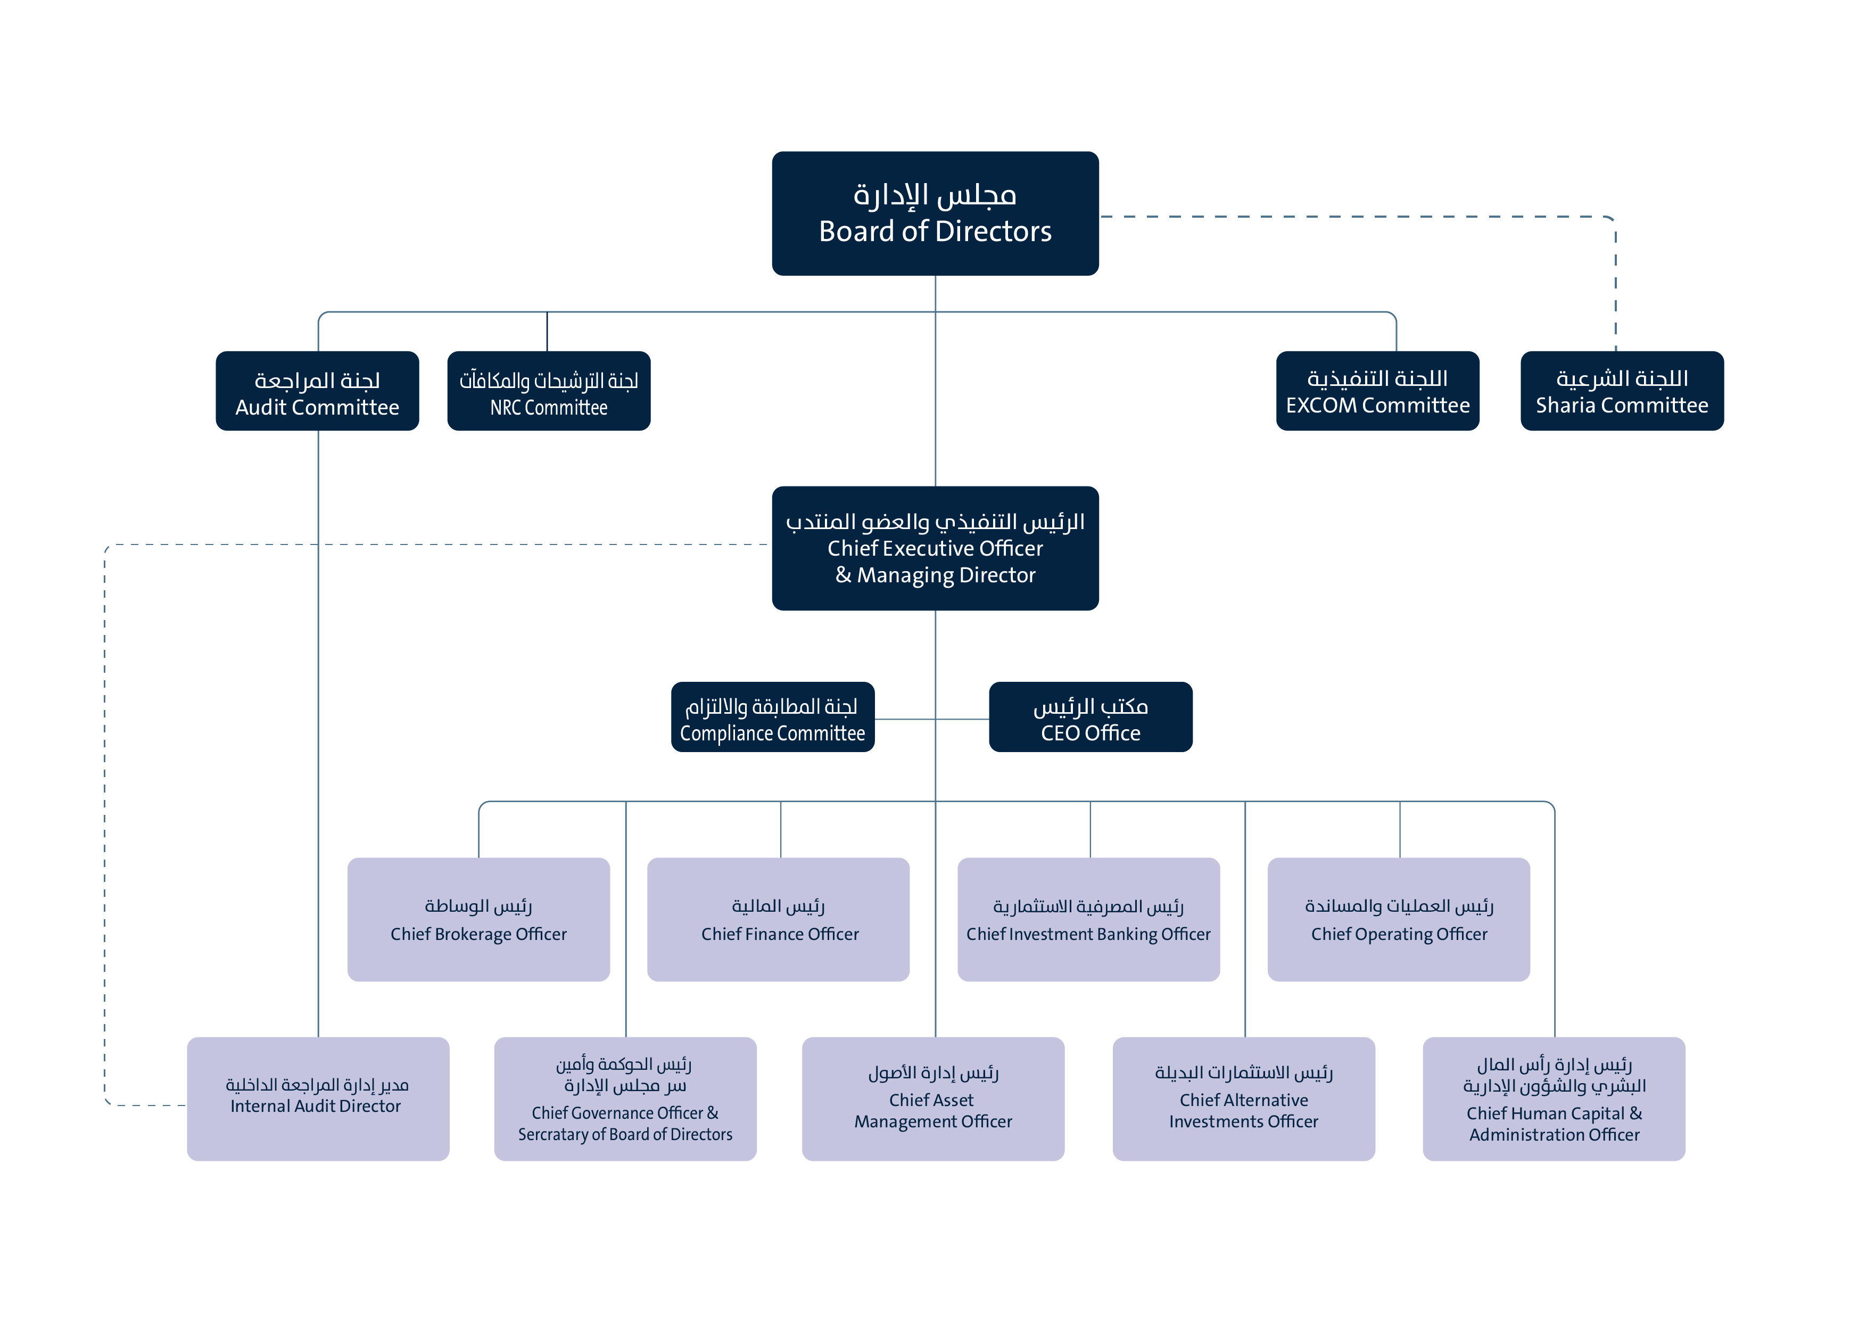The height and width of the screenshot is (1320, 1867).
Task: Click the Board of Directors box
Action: click(x=935, y=213)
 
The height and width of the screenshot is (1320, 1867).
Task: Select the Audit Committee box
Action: click(x=317, y=391)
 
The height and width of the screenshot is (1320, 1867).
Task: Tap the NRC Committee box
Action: click(x=549, y=391)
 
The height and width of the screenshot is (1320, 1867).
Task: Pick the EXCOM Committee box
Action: click(x=1377, y=391)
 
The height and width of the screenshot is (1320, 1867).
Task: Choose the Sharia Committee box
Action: click(x=1622, y=391)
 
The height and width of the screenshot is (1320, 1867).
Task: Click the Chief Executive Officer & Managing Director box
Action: click(x=935, y=548)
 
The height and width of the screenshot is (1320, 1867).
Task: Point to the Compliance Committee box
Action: click(x=772, y=717)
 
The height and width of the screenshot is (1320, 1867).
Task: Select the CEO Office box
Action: click(x=1091, y=717)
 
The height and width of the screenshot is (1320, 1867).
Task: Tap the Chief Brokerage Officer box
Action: click(x=478, y=919)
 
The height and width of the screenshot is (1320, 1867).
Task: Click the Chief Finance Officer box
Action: click(x=778, y=919)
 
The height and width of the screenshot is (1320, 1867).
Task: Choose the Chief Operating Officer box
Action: click(x=1399, y=919)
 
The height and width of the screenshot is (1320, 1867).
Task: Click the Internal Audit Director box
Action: click(x=318, y=1098)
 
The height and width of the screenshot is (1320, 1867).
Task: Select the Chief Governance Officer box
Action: click(x=625, y=1098)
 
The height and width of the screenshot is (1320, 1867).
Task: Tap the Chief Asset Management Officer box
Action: click(x=932, y=1098)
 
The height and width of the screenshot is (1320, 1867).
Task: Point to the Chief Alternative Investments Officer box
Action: click(x=1243, y=1098)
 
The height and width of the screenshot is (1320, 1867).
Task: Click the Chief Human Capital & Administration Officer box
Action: click(x=1554, y=1098)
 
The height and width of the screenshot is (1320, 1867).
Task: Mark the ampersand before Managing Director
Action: click(x=843, y=575)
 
